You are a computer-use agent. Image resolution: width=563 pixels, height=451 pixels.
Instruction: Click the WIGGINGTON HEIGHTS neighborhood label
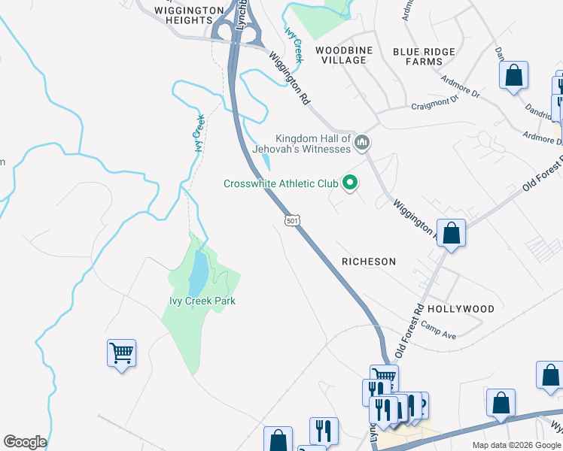pos(189,15)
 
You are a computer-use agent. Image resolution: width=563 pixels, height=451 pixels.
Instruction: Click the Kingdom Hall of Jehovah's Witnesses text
pos(312,144)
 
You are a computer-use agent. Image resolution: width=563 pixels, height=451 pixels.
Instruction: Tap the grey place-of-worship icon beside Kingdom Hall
pos(363,142)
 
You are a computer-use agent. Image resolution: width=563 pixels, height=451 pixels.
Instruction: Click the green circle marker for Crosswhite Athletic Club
pos(349,182)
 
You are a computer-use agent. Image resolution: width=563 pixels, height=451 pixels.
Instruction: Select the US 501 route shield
pos(293,219)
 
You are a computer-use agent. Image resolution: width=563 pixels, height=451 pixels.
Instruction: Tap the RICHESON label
pos(368,262)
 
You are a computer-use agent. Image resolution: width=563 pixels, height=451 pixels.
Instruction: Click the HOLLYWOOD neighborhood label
pos(461,309)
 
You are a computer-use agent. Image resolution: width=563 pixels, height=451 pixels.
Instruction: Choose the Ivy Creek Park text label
pos(202,301)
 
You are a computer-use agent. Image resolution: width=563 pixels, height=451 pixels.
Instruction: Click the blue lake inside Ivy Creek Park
pos(197,274)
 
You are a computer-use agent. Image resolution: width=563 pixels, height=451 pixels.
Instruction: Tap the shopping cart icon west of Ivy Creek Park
pos(121,352)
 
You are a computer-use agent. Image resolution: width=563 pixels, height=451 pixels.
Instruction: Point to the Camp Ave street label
pos(439,330)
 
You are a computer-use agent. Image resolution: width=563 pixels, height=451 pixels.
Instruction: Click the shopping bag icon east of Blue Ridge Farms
pos(513,75)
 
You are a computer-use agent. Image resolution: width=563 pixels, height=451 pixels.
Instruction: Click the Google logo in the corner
pos(24,442)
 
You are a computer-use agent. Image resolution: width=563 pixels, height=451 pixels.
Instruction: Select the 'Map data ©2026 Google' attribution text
pos(516,445)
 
